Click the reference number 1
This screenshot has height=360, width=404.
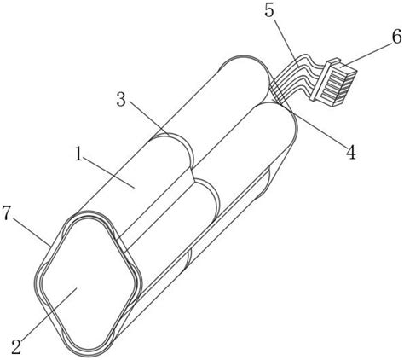tap(78, 154)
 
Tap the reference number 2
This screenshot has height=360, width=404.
tap(16, 346)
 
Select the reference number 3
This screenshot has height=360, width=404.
tap(121, 100)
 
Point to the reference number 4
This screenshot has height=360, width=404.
tap(351, 152)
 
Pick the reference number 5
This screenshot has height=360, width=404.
tap(269, 11)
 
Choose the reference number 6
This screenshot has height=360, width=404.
tap(397, 36)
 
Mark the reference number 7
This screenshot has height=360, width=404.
tap(7, 213)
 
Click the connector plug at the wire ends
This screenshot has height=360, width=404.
tap(333, 82)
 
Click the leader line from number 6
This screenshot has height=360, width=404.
tap(366, 52)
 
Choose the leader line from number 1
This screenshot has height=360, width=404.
tap(109, 172)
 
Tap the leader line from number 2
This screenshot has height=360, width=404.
tap(50, 314)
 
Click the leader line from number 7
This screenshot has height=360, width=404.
tap(32, 232)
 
